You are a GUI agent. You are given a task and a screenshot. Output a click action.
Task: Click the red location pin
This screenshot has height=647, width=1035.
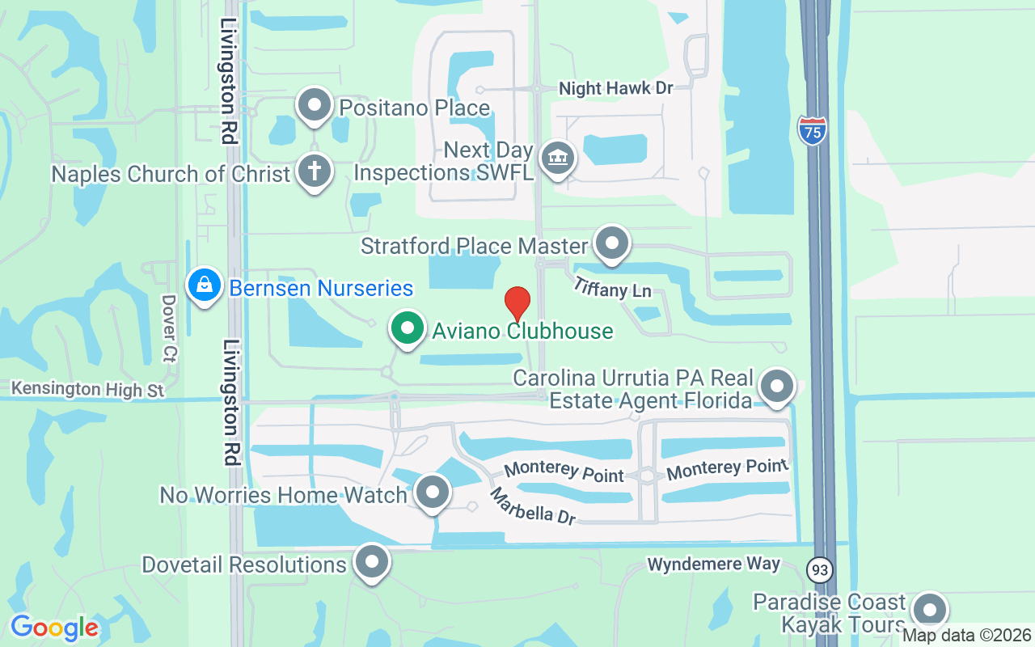(517, 304)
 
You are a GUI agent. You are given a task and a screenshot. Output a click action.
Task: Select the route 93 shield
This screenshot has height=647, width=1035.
(820, 570)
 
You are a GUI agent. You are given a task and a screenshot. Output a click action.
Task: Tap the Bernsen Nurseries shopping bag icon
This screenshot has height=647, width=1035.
(205, 285)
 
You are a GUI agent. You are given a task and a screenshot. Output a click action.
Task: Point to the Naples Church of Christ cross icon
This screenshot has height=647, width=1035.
(315, 171)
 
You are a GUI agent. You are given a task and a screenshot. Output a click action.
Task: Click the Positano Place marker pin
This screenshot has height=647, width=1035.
(315, 105)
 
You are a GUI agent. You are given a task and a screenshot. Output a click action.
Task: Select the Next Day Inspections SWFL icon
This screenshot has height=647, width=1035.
(557, 157)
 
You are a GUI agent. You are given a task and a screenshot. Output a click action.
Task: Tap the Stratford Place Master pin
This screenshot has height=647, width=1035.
(612, 243)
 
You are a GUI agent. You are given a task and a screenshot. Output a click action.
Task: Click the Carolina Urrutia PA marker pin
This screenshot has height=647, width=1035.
(777, 386)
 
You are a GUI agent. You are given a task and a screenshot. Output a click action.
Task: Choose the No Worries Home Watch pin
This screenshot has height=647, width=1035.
(433, 491)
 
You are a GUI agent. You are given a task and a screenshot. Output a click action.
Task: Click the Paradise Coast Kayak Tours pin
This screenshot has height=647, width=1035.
(930, 610)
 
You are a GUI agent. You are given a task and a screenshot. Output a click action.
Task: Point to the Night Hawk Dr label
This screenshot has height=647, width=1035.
(617, 88)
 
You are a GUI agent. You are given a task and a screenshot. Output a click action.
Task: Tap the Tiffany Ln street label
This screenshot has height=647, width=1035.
(612, 287)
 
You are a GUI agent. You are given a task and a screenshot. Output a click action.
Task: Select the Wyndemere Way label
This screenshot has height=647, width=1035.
(714, 564)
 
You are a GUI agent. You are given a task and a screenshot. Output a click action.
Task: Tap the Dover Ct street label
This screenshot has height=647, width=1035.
(169, 327)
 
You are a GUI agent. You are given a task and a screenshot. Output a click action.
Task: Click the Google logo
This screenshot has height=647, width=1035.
(54, 627)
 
